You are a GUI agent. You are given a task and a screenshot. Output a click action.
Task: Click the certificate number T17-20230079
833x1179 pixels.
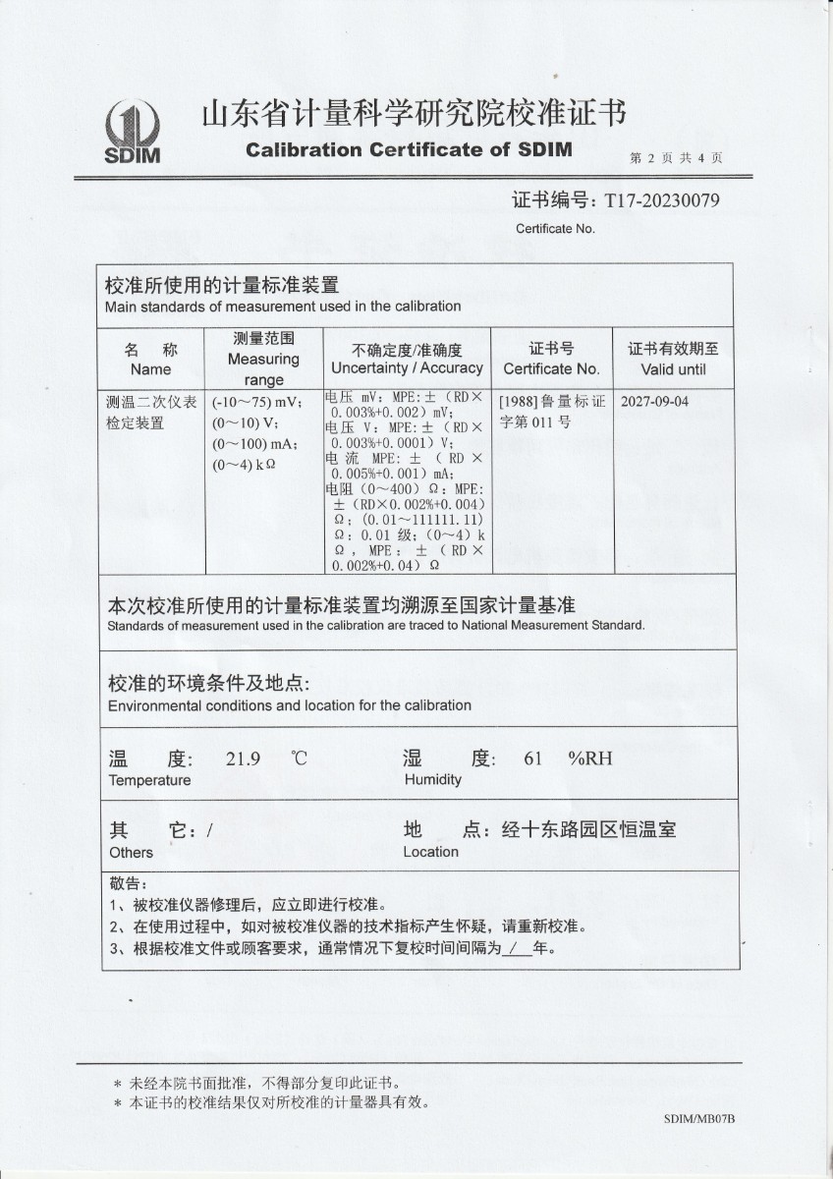tap(662, 200)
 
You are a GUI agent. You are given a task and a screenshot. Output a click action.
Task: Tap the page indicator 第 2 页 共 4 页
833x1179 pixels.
tap(677, 158)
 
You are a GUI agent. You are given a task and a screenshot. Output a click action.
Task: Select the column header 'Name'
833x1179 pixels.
tap(150, 369)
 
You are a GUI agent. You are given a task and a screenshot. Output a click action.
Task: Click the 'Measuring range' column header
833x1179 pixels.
tap(263, 359)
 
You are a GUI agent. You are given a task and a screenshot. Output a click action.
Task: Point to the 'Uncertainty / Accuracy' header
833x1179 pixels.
tap(407, 367)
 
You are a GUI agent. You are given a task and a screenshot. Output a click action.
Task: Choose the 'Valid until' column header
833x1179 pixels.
tap(673, 369)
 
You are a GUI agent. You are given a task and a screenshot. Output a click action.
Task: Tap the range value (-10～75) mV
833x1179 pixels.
tap(257, 402)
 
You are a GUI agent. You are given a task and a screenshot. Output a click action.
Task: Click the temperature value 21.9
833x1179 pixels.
tap(242, 758)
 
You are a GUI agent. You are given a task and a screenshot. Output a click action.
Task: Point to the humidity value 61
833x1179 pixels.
tap(533, 758)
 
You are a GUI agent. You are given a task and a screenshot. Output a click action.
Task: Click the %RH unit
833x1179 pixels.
tap(589, 758)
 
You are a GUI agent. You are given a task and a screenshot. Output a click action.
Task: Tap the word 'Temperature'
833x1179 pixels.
tap(149, 780)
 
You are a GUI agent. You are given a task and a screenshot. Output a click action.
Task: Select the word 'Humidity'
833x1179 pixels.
tap(432, 780)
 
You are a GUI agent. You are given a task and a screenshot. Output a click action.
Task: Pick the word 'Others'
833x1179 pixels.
tap(132, 852)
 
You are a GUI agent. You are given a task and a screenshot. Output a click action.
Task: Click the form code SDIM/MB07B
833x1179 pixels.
tap(699, 1119)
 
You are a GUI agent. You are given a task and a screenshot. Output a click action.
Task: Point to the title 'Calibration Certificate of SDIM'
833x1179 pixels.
tap(409, 150)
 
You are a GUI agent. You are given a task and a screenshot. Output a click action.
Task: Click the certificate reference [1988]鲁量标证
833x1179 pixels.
tap(550, 402)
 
